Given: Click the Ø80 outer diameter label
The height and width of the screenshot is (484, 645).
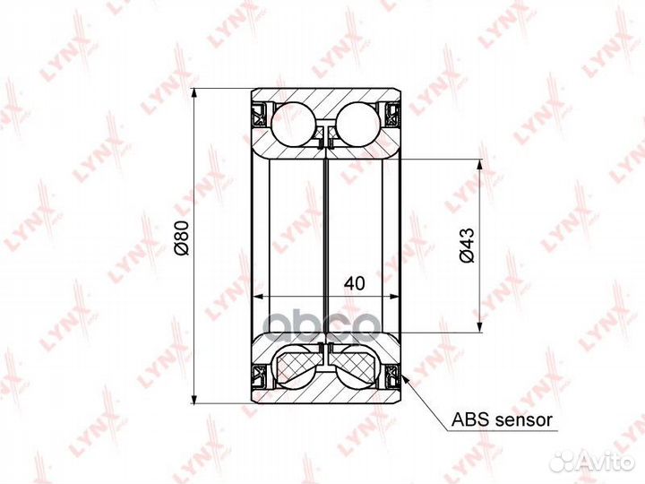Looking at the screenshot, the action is [181, 238].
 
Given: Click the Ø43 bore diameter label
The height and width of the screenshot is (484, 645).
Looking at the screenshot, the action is [468, 246].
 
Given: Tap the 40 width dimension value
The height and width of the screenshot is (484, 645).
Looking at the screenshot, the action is [355, 283].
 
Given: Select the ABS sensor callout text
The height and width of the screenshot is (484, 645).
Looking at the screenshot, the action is [502, 420].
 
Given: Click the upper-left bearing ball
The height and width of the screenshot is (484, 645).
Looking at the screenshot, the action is [293, 124].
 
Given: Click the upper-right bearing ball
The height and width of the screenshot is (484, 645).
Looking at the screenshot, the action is [358, 124].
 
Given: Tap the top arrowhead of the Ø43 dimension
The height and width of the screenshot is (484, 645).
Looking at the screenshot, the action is [478, 165].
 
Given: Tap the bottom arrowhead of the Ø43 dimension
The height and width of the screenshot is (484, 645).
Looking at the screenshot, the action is [478, 326].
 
